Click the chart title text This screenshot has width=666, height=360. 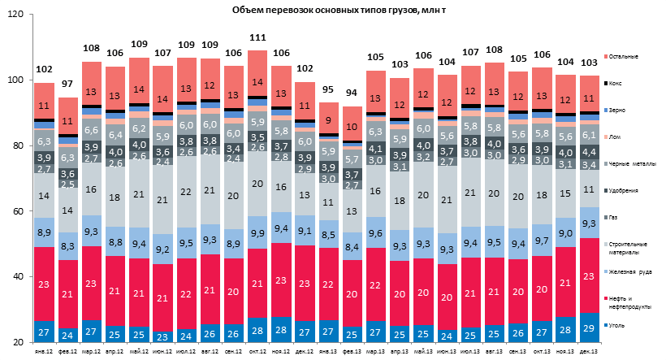pos(333,8)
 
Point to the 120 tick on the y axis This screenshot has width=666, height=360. pos(15,15)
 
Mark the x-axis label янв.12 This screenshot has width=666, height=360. pos(45,353)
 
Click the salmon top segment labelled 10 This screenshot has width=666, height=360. pos(352,126)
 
